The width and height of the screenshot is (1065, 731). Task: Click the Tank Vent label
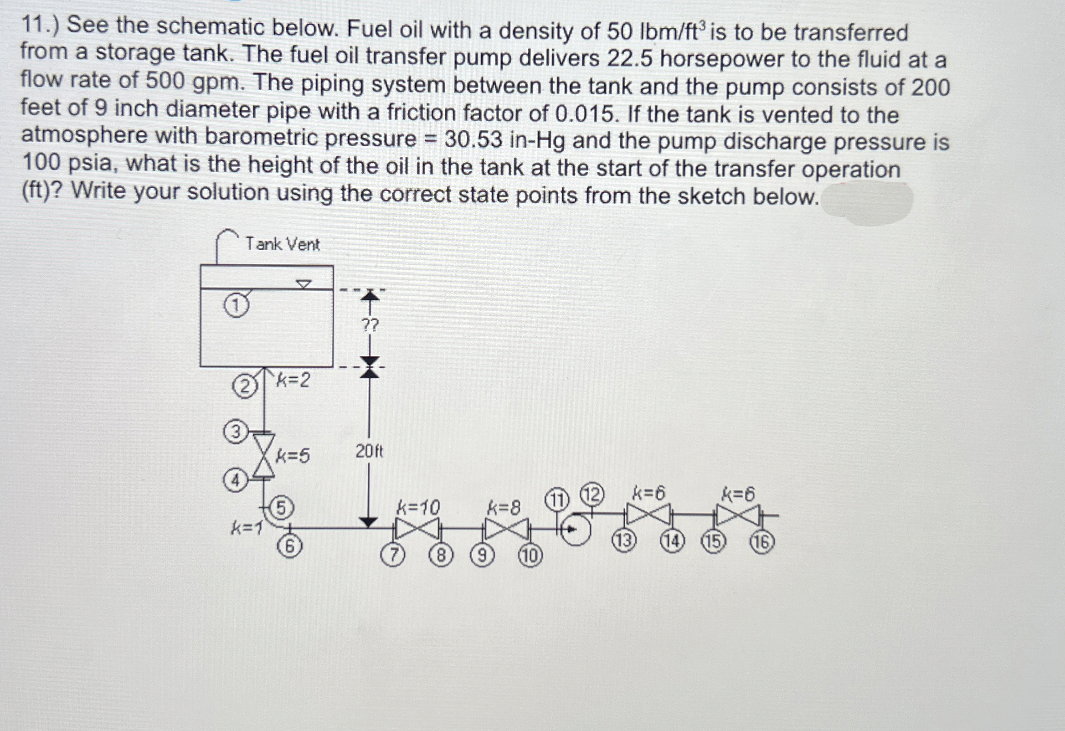pos(282,244)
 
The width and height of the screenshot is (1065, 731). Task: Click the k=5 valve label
pos(293,456)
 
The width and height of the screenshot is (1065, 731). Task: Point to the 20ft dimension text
pos(370,453)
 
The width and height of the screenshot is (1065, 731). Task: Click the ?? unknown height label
pos(370,326)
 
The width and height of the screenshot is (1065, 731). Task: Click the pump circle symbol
pos(576,530)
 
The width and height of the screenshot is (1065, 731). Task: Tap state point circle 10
pos(530,557)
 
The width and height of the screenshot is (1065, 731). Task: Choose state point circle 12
pos(592,496)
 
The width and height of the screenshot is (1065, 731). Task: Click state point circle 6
pos(290,546)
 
